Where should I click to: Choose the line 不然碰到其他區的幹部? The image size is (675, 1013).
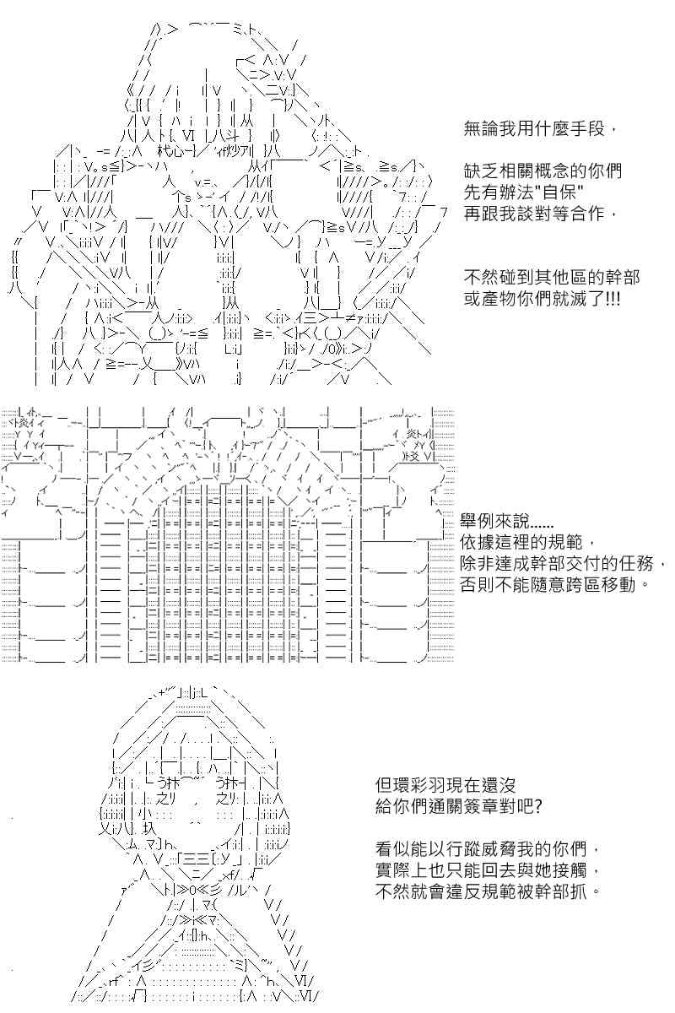pos(552,277)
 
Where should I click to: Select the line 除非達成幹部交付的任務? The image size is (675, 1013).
pos(563,564)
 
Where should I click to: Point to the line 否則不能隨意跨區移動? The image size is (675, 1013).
pos(554,585)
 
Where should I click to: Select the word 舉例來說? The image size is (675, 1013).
pos(494,521)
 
